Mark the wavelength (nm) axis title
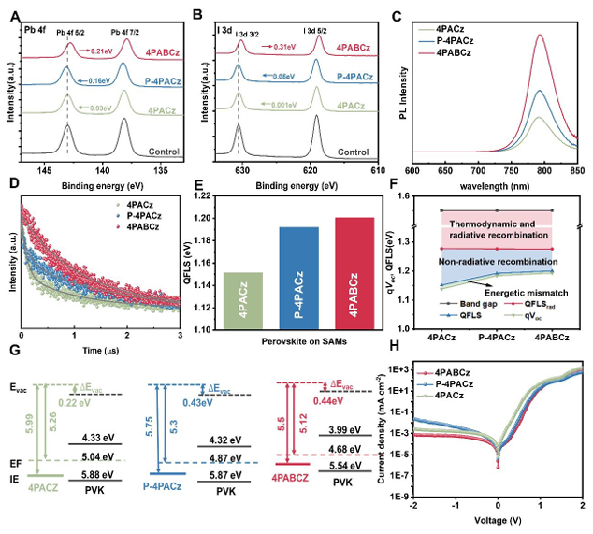(495, 187)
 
